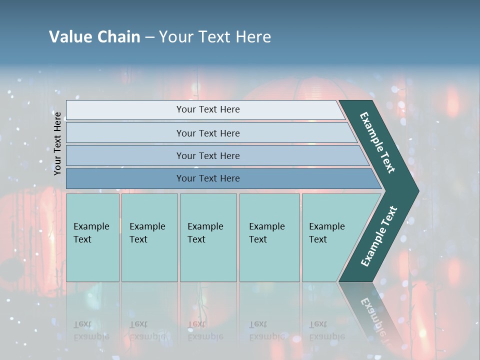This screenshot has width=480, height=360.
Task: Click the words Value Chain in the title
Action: click(94, 37)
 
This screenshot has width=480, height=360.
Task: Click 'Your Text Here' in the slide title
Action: click(215, 37)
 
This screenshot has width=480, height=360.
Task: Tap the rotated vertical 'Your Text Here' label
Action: click(57, 143)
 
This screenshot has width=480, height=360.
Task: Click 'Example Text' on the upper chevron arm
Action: click(377, 142)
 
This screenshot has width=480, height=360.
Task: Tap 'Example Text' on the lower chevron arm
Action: click(379, 236)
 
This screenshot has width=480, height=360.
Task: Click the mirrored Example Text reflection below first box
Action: click(91, 330)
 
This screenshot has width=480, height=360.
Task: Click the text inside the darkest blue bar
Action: click(208, 178)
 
